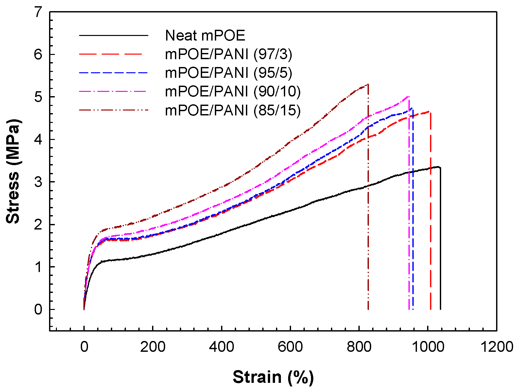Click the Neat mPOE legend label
click(x=205, y=35)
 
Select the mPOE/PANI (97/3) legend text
click(x=228, y=54)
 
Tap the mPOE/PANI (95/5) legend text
click(x=228, y=73)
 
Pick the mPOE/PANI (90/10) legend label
click(x=233, y=92)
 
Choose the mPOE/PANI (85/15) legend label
click(x=233, y=111)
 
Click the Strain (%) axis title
click(x=273, y=377)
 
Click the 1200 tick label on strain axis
click(x=496, y=347)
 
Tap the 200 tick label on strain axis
click(x=153, y=347)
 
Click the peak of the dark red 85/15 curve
click(x=368, y=84)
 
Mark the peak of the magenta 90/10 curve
click(x=408, y=96)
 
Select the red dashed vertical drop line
click(x=430, y=229)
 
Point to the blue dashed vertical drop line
click(x=413, y=229)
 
